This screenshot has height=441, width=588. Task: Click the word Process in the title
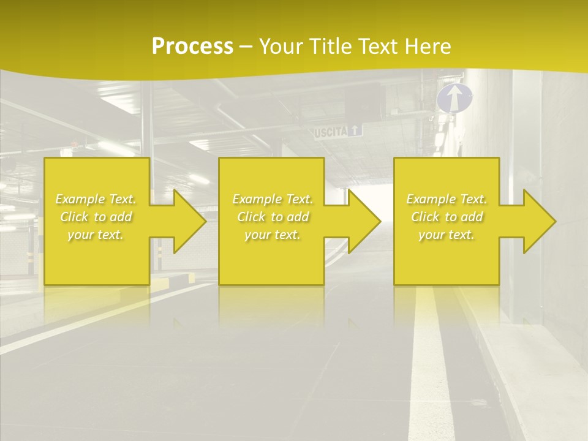coord(192,46)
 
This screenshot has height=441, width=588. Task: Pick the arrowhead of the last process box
coord(538,221)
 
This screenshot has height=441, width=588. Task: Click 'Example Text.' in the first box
coord(96,199)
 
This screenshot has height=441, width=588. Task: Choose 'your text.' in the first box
coord(96,235)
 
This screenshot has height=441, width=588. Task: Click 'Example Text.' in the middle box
coord(273,199)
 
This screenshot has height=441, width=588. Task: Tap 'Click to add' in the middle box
coord(273,217)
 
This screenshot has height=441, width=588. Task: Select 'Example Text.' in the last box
coord(447,199)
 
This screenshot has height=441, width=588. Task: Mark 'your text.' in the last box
coord(447,235)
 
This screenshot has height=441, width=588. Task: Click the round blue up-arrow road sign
coord(454,99)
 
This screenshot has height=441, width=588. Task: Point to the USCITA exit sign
coord(337,131)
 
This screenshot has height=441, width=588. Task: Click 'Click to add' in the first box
coord(96,217)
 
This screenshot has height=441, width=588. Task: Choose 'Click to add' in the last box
coord(447,217)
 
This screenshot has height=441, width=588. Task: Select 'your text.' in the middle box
coord(273,235)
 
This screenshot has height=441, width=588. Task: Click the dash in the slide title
coord(246,47)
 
